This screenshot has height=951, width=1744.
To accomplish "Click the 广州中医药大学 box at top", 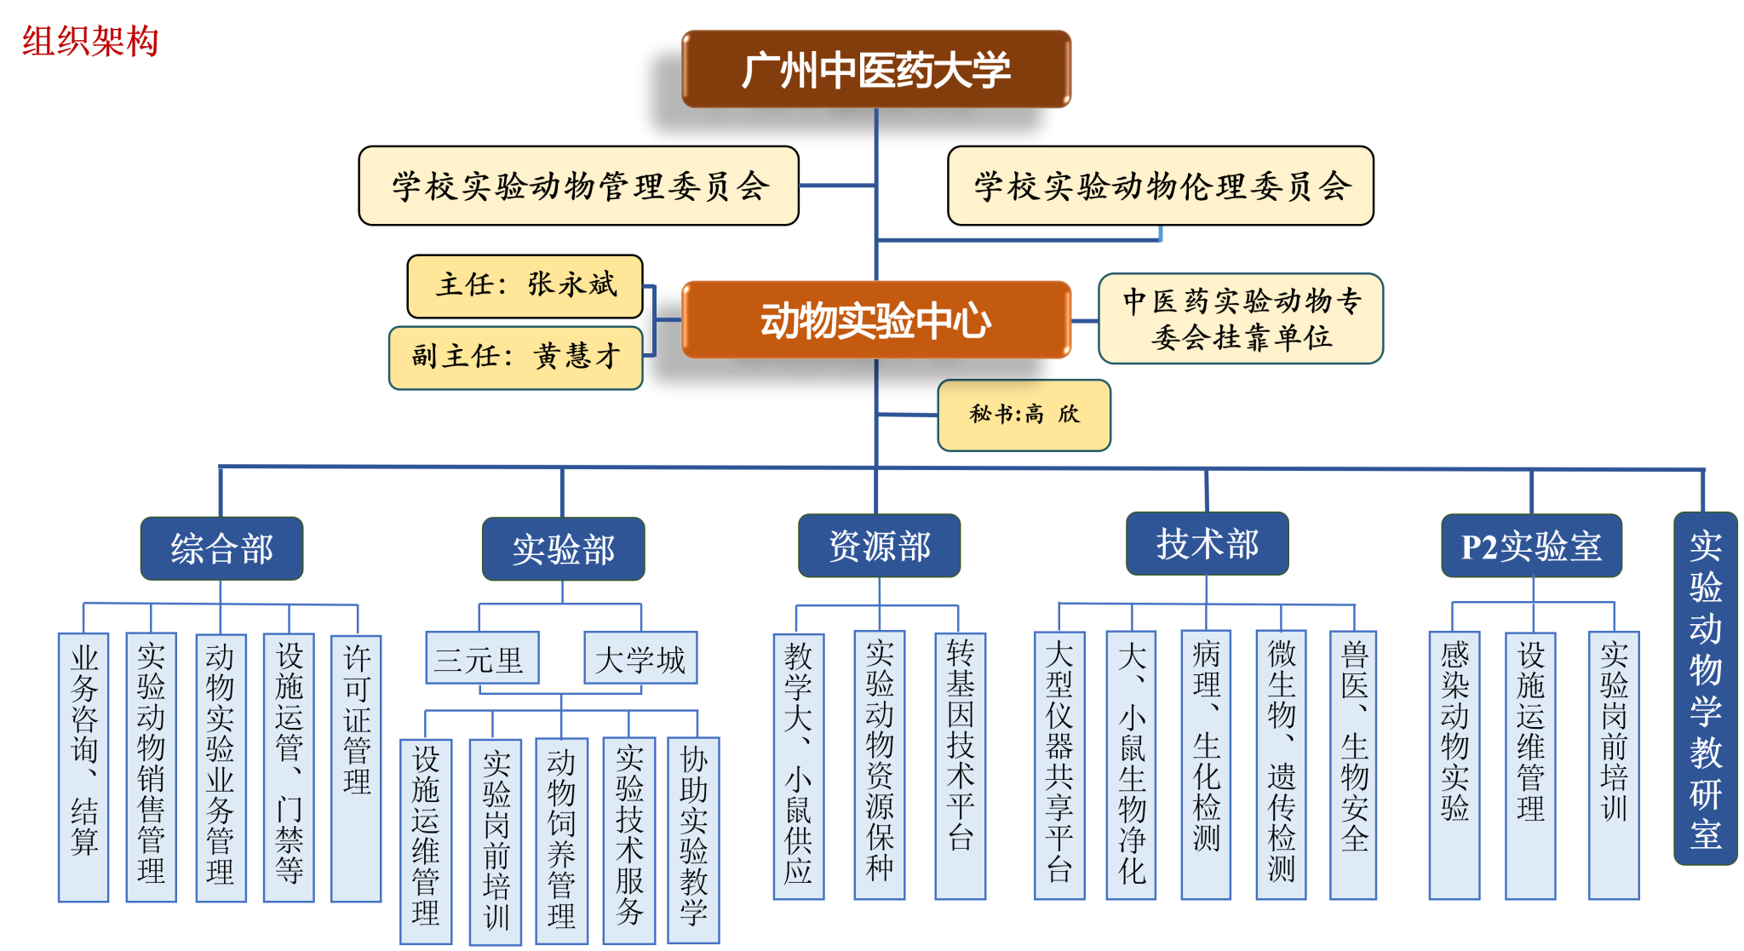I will (876, 69).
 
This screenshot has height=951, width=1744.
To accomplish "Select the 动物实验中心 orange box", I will (876, 320).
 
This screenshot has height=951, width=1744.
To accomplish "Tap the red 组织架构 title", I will (90, 41).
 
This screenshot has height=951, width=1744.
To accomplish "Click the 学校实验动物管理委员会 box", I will (579, 186).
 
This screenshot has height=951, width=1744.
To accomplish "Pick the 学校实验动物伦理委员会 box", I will (1161, 186).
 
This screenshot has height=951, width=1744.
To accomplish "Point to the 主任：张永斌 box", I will (525, 286).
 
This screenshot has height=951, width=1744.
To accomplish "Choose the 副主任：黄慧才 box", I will (516, 358).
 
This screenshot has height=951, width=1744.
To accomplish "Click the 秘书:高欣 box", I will (1024, 415).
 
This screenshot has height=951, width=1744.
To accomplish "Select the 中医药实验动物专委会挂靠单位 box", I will (1241, 319).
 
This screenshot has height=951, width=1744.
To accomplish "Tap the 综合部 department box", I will (222, 548).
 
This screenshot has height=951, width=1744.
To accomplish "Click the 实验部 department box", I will (564, 549).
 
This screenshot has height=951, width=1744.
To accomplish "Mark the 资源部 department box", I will (880, 546).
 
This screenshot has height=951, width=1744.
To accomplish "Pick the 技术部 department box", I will (1208, 543).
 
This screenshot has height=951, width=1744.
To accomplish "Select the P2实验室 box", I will (1532, 546).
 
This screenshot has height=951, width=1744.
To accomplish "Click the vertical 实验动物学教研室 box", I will (1706, 688).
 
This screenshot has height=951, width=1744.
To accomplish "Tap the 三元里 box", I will (482, 657).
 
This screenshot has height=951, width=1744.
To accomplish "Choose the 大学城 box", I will (640, 657).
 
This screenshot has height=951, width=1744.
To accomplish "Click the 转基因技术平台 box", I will (961, 765).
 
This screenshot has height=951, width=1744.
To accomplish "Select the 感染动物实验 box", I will (1454, 765).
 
